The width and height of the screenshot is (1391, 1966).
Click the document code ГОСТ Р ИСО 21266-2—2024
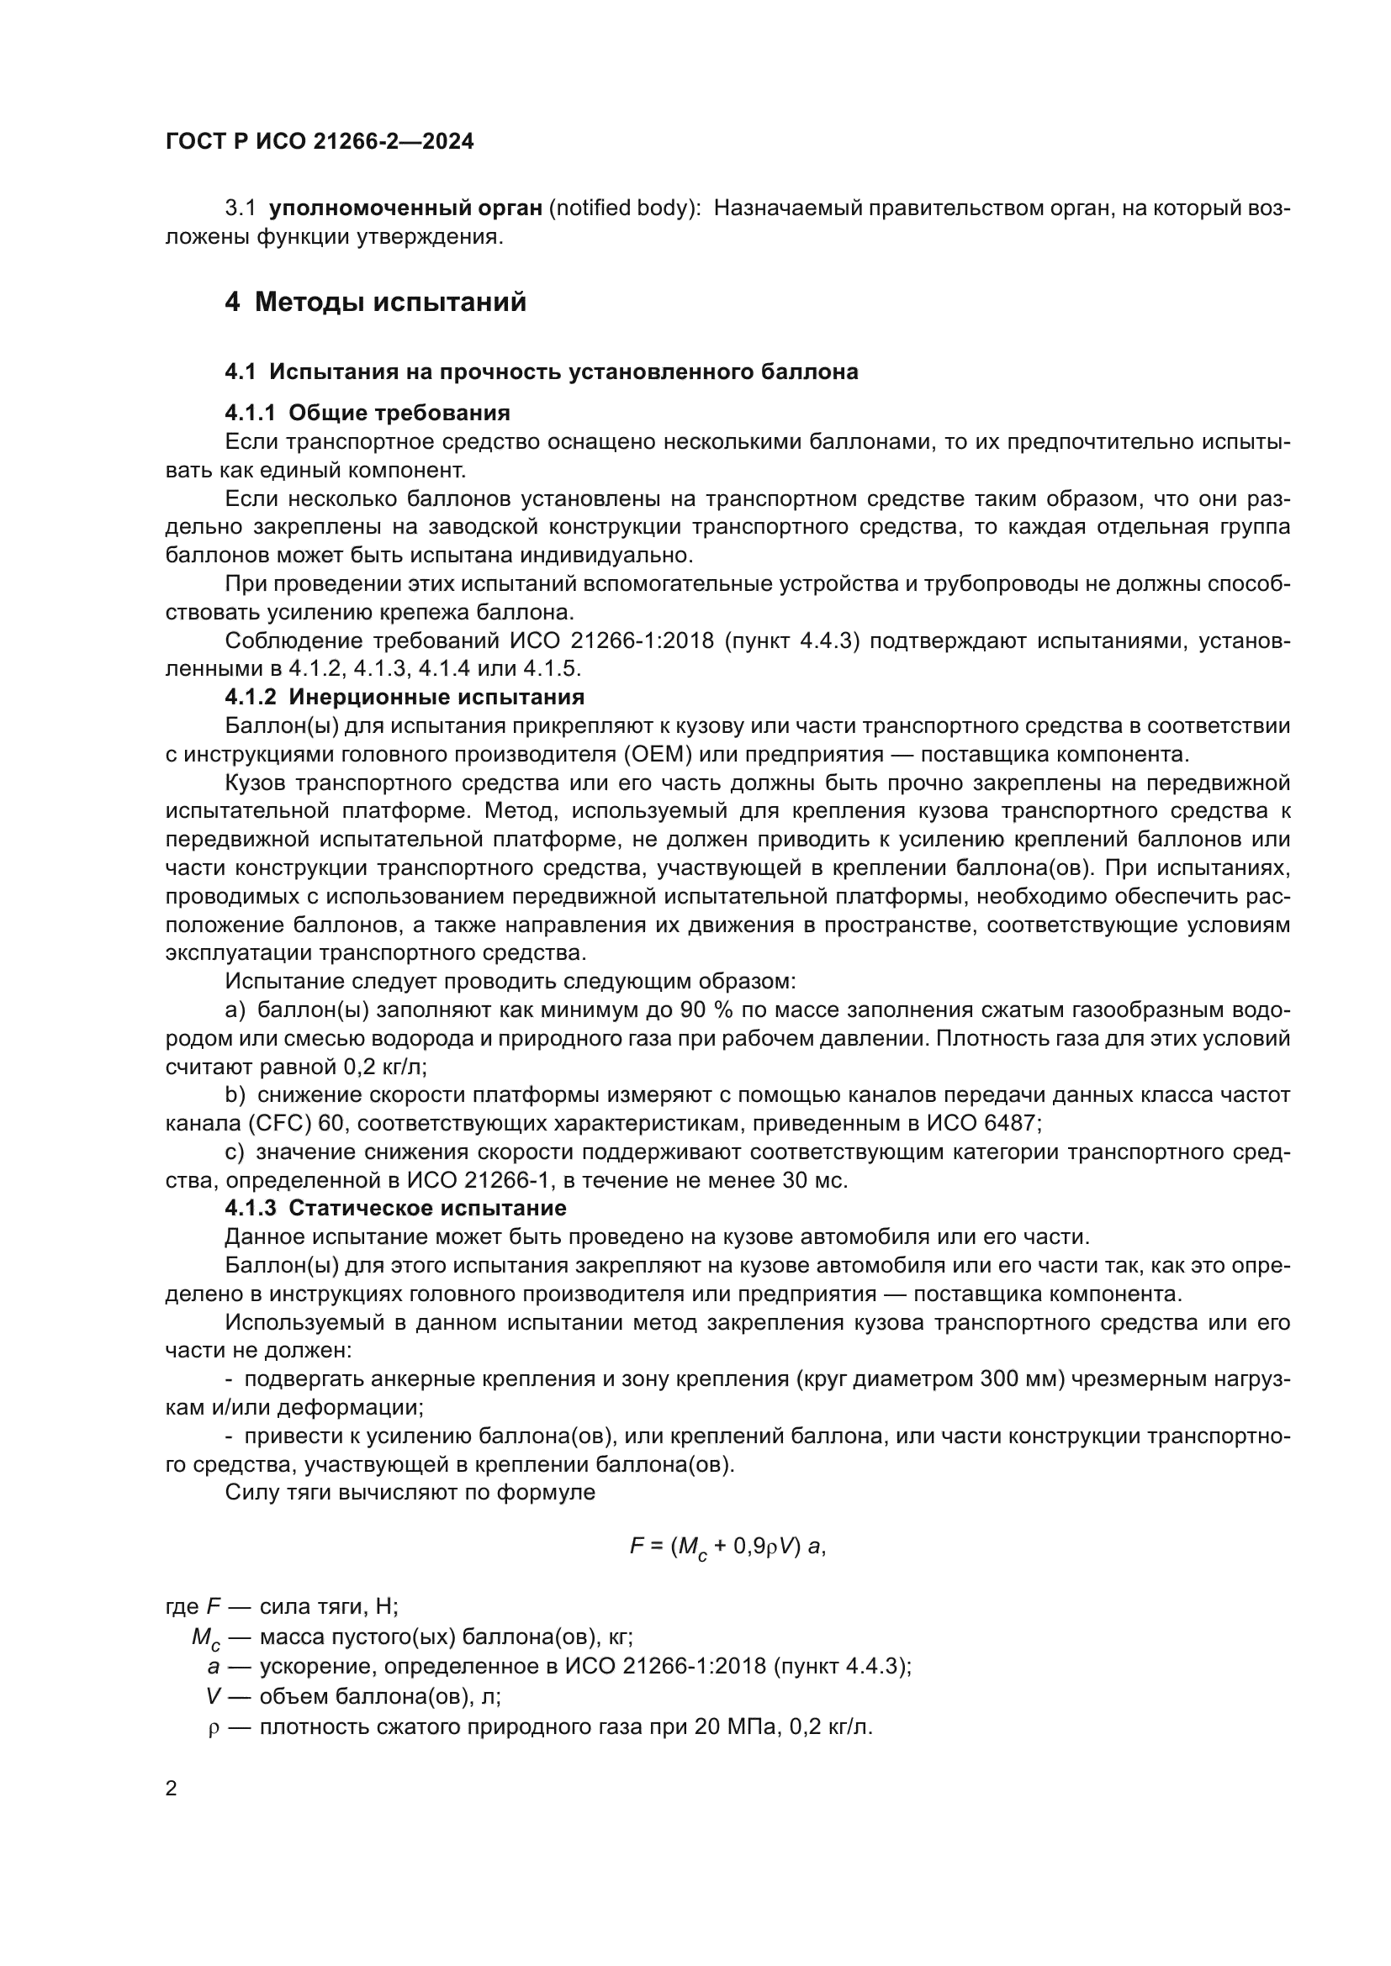pos(320,142)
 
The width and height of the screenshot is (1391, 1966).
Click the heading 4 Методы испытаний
pos(375,303)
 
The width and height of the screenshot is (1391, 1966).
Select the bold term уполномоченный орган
pos(406,208)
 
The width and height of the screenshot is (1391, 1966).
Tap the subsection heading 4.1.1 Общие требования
pos(368,413)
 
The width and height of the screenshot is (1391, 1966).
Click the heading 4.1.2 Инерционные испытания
pos(405,696)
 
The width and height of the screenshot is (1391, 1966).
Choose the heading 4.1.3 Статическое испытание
pos(396,1208)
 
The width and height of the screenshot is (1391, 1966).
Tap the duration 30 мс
pos(814,1180)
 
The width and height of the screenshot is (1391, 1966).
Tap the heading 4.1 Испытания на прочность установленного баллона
pos(542,372)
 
